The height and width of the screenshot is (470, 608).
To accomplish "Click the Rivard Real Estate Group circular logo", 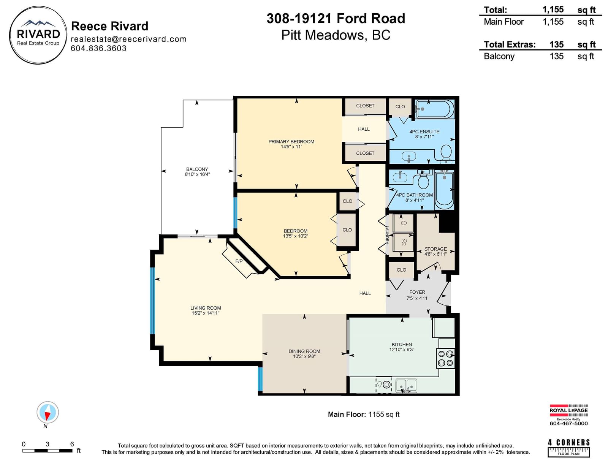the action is coord(38,35).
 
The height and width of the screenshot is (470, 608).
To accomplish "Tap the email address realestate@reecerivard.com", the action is coord(128,39).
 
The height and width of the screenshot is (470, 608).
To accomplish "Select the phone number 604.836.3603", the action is coord(98,48).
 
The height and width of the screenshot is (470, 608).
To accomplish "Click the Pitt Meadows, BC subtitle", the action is coord(336,35).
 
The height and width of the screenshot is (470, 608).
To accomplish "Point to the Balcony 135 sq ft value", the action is coord(556,56).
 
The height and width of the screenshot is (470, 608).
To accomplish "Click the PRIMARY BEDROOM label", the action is coord(291,142).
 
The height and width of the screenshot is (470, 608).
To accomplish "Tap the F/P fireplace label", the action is coord(239,261).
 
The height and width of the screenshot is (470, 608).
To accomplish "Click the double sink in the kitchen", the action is coord(406,386).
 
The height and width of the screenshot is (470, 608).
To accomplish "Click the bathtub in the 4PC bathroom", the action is coord(444,190).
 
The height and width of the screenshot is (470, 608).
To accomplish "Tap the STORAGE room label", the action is coord(435,249).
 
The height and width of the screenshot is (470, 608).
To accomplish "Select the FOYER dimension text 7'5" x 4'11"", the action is coord(418,298).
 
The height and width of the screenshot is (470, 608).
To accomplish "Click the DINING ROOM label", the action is coord(304,351).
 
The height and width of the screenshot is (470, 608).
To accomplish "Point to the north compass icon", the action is coord(47,412).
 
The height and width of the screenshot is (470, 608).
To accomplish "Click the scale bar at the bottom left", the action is coord(47,451).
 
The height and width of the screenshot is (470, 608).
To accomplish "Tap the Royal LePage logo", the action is coord(568,415).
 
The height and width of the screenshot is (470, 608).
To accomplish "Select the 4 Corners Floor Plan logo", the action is coord(569,448).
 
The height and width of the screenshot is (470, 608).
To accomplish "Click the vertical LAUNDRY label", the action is coord(387,235).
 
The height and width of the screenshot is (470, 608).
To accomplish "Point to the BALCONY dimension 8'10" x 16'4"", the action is coord(197,174).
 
